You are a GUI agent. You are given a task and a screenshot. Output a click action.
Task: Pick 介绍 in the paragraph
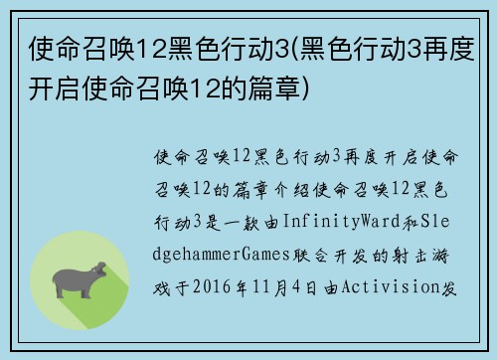click(282, 185)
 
